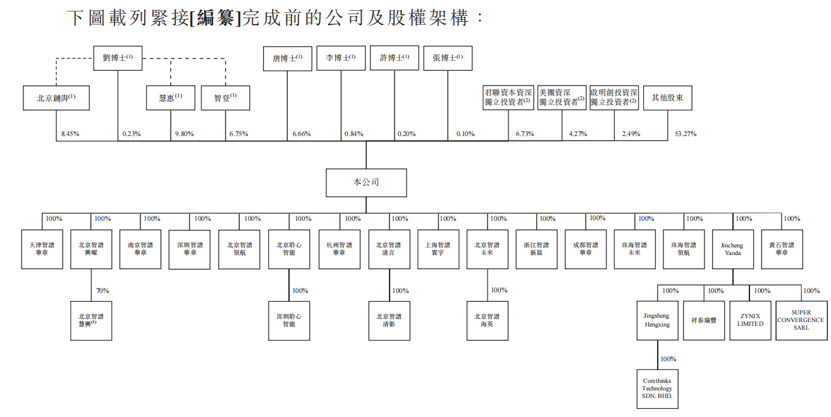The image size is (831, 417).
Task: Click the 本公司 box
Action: (366, 182)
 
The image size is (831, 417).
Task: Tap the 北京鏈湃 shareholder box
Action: (56, 98)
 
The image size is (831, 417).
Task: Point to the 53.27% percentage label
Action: (686, 134)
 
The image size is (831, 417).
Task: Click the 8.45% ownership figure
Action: (71, 134)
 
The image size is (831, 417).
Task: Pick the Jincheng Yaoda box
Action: (732, 249)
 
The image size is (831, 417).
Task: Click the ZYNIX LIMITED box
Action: (750, 320)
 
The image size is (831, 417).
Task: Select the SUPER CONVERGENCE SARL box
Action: (800, 320)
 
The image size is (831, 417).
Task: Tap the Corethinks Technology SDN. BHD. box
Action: (657, 389)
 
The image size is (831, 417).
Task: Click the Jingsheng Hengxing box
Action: (657, 320)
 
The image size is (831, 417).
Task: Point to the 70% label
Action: (102, 290)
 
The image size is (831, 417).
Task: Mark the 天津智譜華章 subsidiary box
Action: (42, 249)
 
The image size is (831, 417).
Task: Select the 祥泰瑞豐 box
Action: (703, 320)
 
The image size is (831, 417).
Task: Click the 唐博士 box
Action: (287, 58)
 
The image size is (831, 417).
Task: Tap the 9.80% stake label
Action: (184, 134)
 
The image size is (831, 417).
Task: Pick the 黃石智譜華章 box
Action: (782, 249)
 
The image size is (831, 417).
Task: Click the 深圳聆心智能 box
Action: (289, 320)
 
